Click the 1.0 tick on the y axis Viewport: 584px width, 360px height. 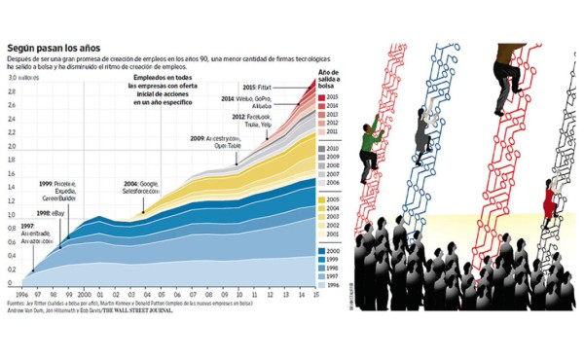(x=13, y=215)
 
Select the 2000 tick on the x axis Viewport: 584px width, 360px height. (x=85, y=294)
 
